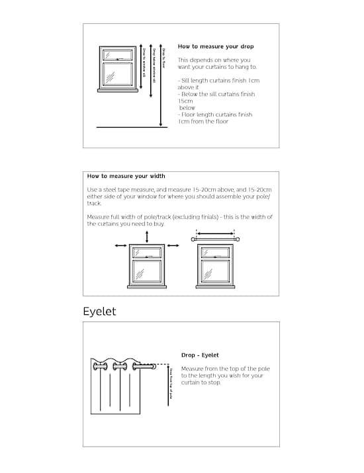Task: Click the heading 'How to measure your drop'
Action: pyautogui.click(x=216, y=47)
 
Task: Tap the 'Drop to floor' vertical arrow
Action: pyautogui.click(x=161, y=86)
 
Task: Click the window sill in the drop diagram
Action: pyautogui.click(x=118, y=90)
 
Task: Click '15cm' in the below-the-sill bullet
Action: pyautogui.click(x=185, y=101)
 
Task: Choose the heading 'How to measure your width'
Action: pyautogui.click(x=126, y=177)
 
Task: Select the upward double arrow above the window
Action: pyautogui.click(x=147, y=237)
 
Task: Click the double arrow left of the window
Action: pyautogui.click(x=121, y=246)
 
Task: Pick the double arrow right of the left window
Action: pyautogui.click(x=173, y=246)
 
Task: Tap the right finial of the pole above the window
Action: pyautogui.click(x=237, y=239)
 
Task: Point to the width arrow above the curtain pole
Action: pyautogui.click(x=215, y=233)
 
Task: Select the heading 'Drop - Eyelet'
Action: pyautogui.click(x=200, y=355)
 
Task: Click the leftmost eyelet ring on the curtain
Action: pyautogui.click(x=101, y=367)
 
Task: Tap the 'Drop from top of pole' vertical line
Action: pyautogui.click(x=165, y=384)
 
